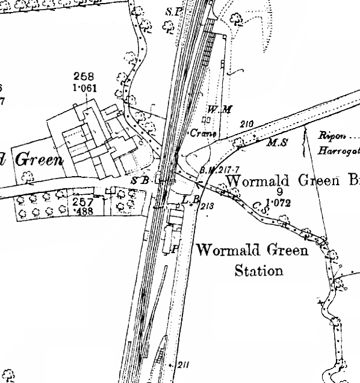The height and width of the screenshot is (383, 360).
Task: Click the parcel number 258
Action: (x=84, y=76)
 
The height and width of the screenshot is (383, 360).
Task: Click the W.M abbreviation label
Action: (x=216, y=109)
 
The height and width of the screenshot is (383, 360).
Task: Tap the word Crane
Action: (x=203, y=133)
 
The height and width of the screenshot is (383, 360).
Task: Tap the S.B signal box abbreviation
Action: (x=139, y=180)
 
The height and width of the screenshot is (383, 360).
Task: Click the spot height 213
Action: (x=208, y=206)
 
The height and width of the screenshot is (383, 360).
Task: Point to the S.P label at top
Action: (x=173, y=11)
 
